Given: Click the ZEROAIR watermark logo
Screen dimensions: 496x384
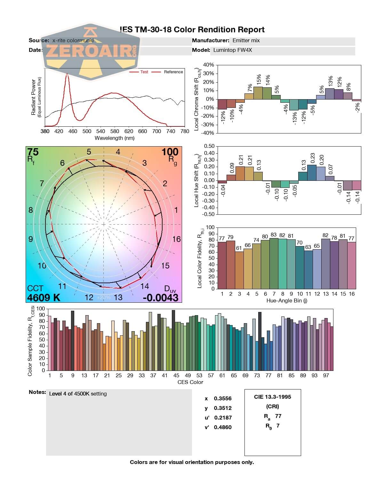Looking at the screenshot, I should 91,51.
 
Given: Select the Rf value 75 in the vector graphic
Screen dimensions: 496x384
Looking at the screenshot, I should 33,152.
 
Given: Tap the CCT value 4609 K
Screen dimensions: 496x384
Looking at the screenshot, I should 44,298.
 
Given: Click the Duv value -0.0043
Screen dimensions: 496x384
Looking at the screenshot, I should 160,298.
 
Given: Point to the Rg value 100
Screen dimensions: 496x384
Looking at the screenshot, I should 170,152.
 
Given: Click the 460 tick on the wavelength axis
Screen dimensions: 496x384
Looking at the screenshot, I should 73,131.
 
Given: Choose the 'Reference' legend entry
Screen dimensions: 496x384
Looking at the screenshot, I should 173,72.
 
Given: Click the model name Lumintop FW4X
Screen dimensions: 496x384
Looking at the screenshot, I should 233,50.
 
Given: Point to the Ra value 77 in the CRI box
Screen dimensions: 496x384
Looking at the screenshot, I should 278,416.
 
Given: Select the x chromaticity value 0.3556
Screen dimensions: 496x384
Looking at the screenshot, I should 223,398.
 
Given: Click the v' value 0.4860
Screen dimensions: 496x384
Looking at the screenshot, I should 223,427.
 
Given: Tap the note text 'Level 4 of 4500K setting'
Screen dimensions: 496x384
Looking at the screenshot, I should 78,394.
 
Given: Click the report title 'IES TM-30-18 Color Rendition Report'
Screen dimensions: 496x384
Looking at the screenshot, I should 192,30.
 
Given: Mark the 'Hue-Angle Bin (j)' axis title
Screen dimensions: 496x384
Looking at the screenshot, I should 287,301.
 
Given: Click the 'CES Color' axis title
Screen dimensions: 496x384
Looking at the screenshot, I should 190,382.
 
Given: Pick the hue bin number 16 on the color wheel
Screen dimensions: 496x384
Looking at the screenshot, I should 176,239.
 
